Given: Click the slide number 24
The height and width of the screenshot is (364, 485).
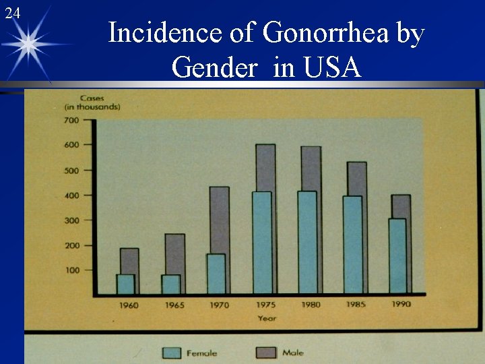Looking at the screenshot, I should pos(12,13).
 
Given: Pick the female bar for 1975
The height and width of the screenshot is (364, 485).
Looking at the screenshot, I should pos(262,243).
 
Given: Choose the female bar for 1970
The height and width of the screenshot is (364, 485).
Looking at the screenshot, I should pos(216,273).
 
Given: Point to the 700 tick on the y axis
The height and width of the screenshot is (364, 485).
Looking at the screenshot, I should pos(71,121).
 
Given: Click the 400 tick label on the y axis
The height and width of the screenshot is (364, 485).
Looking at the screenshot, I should pos(71,195).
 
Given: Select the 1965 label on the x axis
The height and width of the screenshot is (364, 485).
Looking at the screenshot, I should pos(174,305).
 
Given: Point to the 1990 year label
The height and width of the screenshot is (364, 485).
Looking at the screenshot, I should pos(401,304).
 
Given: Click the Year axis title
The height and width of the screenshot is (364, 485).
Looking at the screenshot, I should pos(267,318).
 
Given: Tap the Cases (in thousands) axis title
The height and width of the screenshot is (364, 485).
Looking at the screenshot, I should pos(92,103).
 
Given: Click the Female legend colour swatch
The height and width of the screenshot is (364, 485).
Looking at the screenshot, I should pos(172,353).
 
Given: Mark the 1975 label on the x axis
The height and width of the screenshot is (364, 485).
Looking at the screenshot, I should pos(265,305).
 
